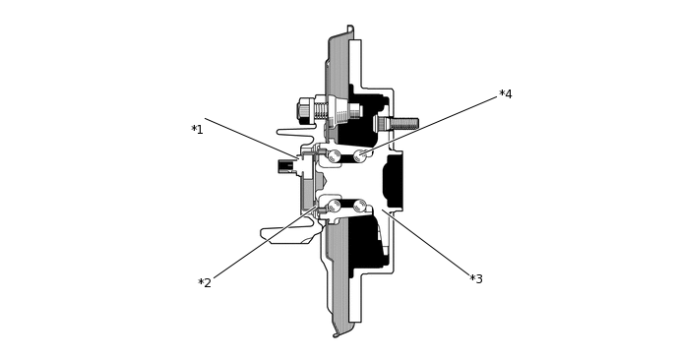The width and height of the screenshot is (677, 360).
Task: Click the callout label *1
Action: pyautogui.click(x=197, y=130)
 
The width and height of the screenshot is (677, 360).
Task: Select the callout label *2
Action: pyautogui.click(x=205, y=283)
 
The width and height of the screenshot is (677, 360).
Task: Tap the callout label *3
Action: pyautogui.click(x=476, y=279)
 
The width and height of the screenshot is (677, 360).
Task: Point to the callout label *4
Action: pyautogui.click(x=506, y=94)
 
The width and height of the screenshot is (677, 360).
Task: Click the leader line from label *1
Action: pyautogui.click(x=250, y=138)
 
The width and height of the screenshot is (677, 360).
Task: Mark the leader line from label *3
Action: pyautogui.click(x=428, y=244)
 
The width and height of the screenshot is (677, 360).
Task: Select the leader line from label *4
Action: pyautogui.click(x=433, y=123)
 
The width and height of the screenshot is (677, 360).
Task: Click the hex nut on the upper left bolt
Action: pyautogui.click(x=305, y=109)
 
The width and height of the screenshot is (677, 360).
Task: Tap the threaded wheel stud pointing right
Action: pyautogui.click(x=401, y=124)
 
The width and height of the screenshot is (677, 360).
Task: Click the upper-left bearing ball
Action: pyautogui.click(x=334, y=155)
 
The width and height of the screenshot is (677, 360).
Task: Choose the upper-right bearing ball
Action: pyautogui.click(x=360, y=155)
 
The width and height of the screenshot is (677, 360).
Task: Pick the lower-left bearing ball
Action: pyautogui.click(x=334, y=206)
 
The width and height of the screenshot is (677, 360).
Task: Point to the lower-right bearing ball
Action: pyautogui.click(x=360, y=206)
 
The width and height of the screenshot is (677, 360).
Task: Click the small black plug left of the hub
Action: pyautogui.click(x=285, y=166)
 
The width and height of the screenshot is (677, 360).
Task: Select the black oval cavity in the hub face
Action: pyautogui.click(x=393, y=181)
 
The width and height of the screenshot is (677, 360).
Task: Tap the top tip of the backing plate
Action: pyautogui.click(x=350, y=29)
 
